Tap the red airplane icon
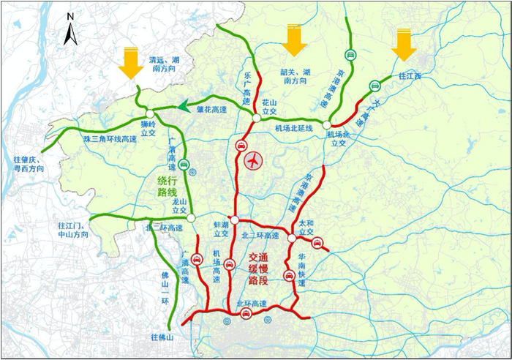point(254,160)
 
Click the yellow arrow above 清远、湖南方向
point(132,61)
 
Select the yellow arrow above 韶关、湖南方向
point(294,40)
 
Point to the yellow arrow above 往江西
point(404,45)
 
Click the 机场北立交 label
point(340,138)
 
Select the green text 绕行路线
point(169,186)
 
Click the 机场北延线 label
point(294,128)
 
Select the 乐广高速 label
point(246,80)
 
